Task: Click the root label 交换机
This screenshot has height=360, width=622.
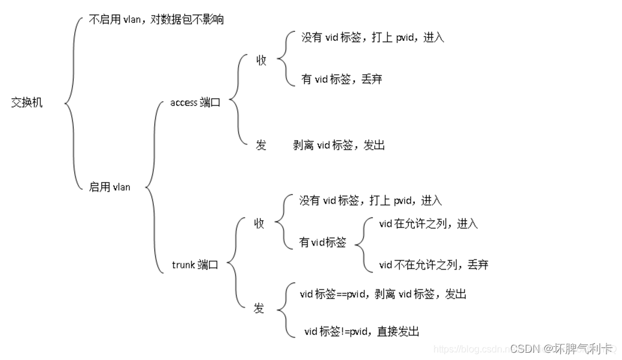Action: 27,102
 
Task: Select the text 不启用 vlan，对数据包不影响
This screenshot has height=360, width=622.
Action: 156,20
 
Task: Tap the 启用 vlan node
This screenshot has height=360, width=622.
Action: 110,187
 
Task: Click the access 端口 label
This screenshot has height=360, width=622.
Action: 195,102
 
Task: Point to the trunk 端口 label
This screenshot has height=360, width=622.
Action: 195,264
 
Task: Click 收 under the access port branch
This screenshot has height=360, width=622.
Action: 261,60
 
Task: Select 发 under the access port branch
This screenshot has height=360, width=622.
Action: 261,145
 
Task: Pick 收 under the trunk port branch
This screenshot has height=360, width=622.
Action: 259,223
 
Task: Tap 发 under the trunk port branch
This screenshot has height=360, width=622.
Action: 259,308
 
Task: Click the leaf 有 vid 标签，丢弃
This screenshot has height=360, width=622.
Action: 341,78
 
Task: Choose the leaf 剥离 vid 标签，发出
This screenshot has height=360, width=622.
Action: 339,145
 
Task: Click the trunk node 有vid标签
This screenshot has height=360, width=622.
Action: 323,243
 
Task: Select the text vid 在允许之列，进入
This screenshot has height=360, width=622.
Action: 429,223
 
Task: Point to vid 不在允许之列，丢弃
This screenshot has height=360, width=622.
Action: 434,264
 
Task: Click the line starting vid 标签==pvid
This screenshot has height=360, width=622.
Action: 383,294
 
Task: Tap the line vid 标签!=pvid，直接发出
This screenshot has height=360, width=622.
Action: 362,331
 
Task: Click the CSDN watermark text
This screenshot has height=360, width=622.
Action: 562,348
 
